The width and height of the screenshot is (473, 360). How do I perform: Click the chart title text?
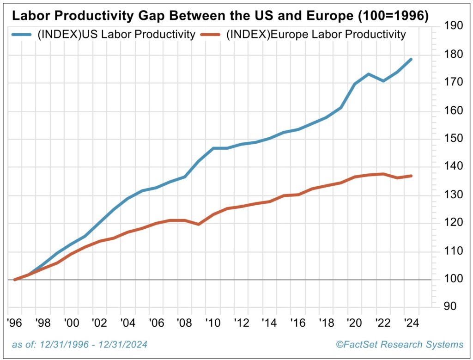[220, 16]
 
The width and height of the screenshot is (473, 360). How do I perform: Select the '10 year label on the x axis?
[213, 322]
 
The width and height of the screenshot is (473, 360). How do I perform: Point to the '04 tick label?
[128, 322]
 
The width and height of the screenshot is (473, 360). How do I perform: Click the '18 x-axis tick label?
[327, 322]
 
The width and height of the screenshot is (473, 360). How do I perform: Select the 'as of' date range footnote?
[79, 345]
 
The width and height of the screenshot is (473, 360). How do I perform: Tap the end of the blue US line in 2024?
[411, 59]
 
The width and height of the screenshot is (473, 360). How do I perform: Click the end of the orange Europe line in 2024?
[411, 176]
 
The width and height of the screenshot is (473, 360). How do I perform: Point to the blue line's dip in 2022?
[383, 81]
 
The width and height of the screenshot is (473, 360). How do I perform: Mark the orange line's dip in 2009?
[199, 224]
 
